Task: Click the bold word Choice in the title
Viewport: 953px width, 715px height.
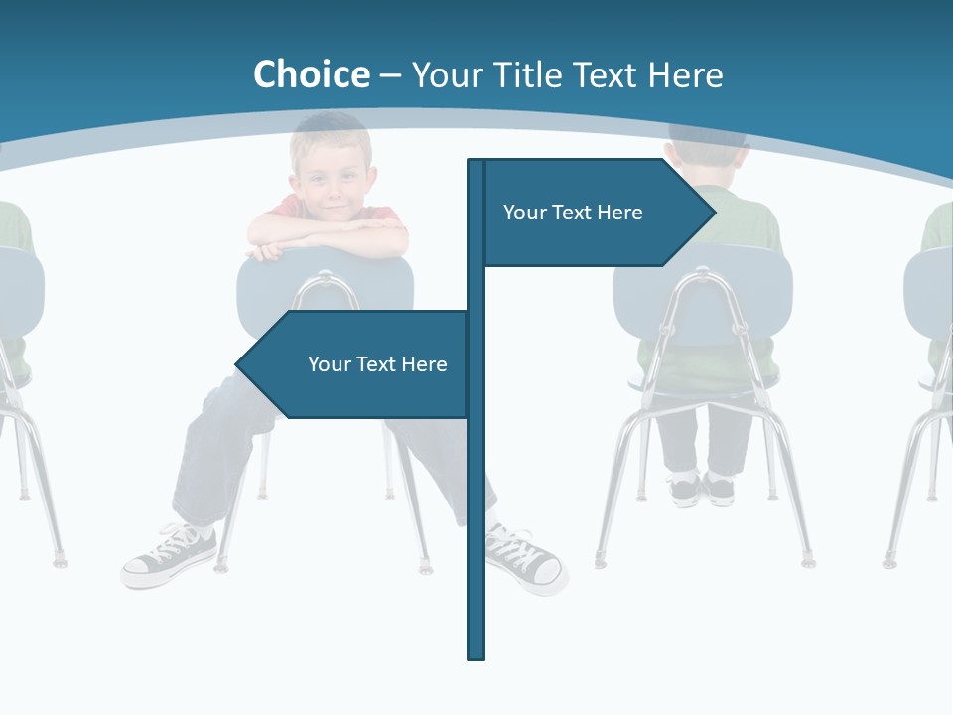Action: pos(311,74)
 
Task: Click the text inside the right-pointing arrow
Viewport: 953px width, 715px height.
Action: pos(573,213)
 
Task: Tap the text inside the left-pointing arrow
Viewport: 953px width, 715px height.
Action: pos(377,364)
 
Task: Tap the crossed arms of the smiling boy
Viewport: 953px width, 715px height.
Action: pos(328,236)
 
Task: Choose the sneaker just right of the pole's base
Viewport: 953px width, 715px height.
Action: pos(524,559)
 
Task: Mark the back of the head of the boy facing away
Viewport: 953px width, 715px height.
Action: pos(707,149)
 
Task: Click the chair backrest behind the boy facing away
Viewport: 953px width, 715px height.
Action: pos(701,298)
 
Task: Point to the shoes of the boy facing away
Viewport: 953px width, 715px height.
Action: pos(701,489)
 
